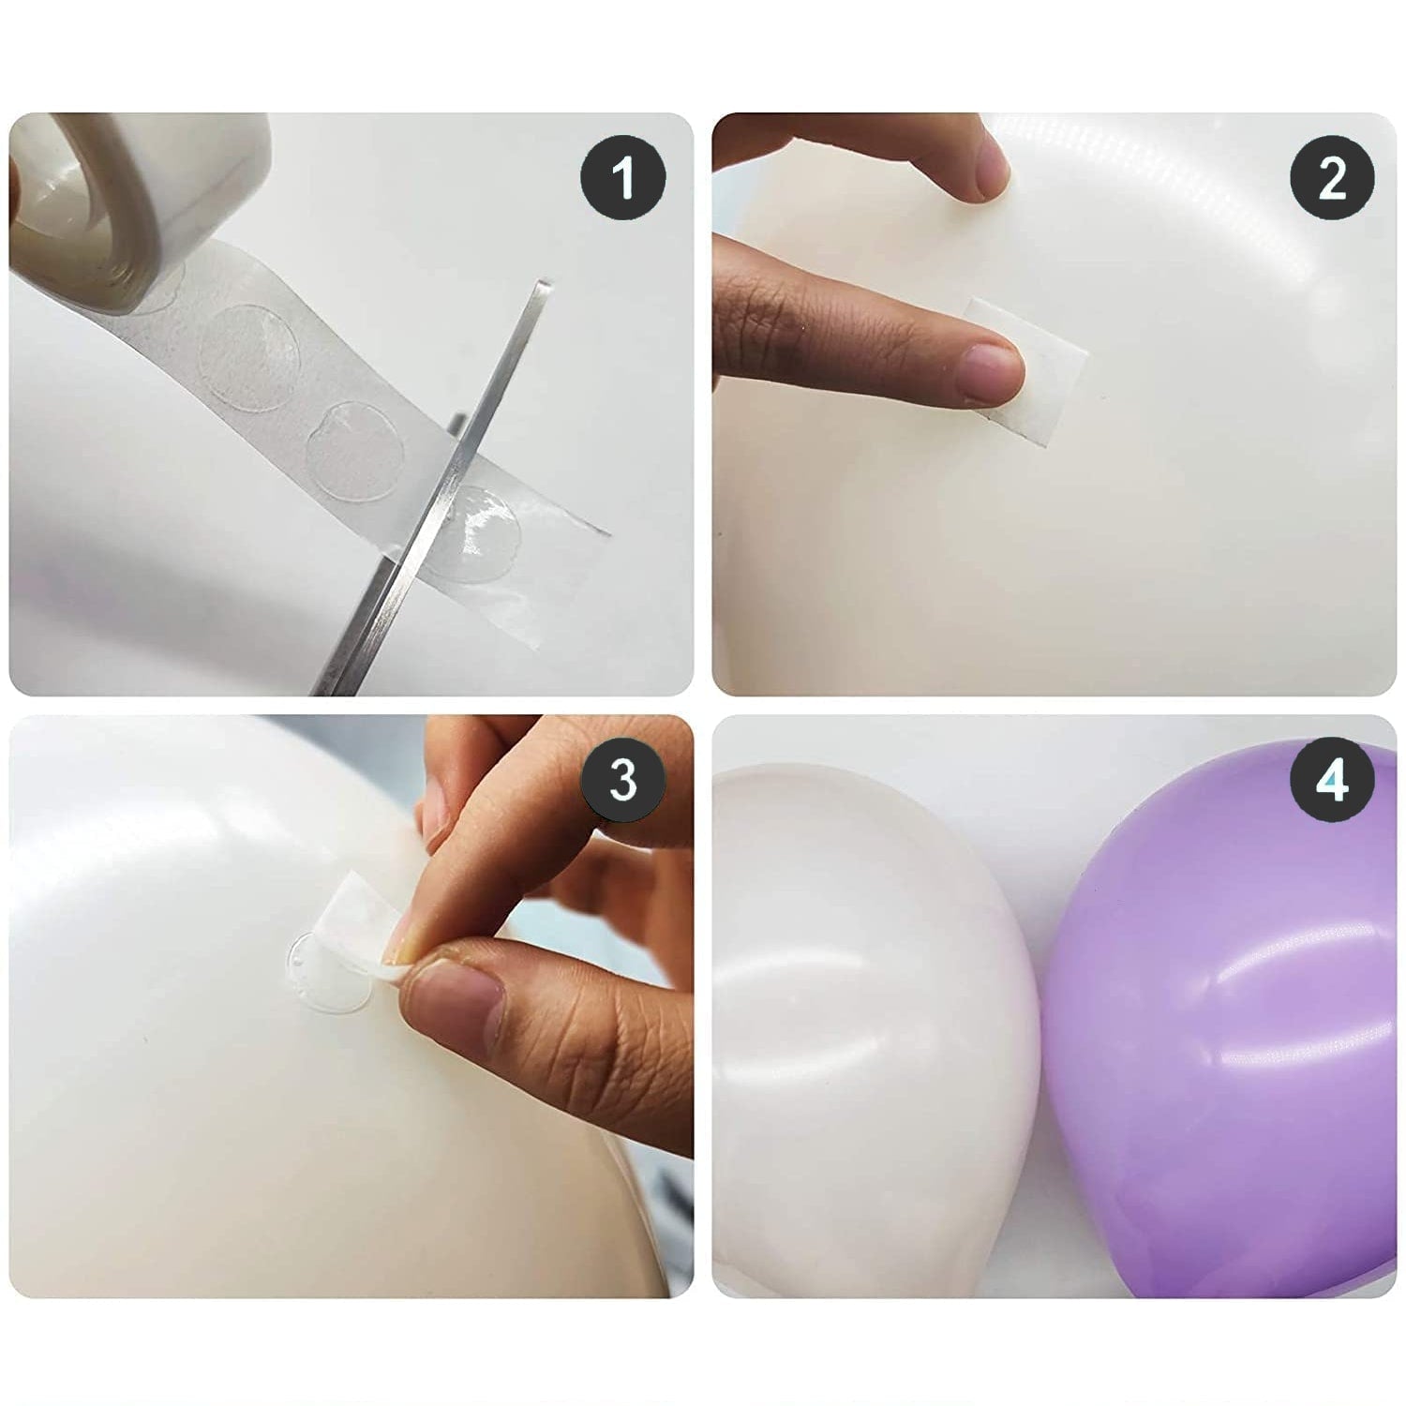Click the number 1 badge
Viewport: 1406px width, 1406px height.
click(x=622, y=176)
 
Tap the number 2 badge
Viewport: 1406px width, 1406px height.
click(x=1332, y=176)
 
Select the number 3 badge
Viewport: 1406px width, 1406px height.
click(x=622, y=779)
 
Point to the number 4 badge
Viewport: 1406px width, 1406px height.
click(x=1332, y=779)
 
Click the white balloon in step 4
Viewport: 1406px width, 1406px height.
click(x=862, y=1031)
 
